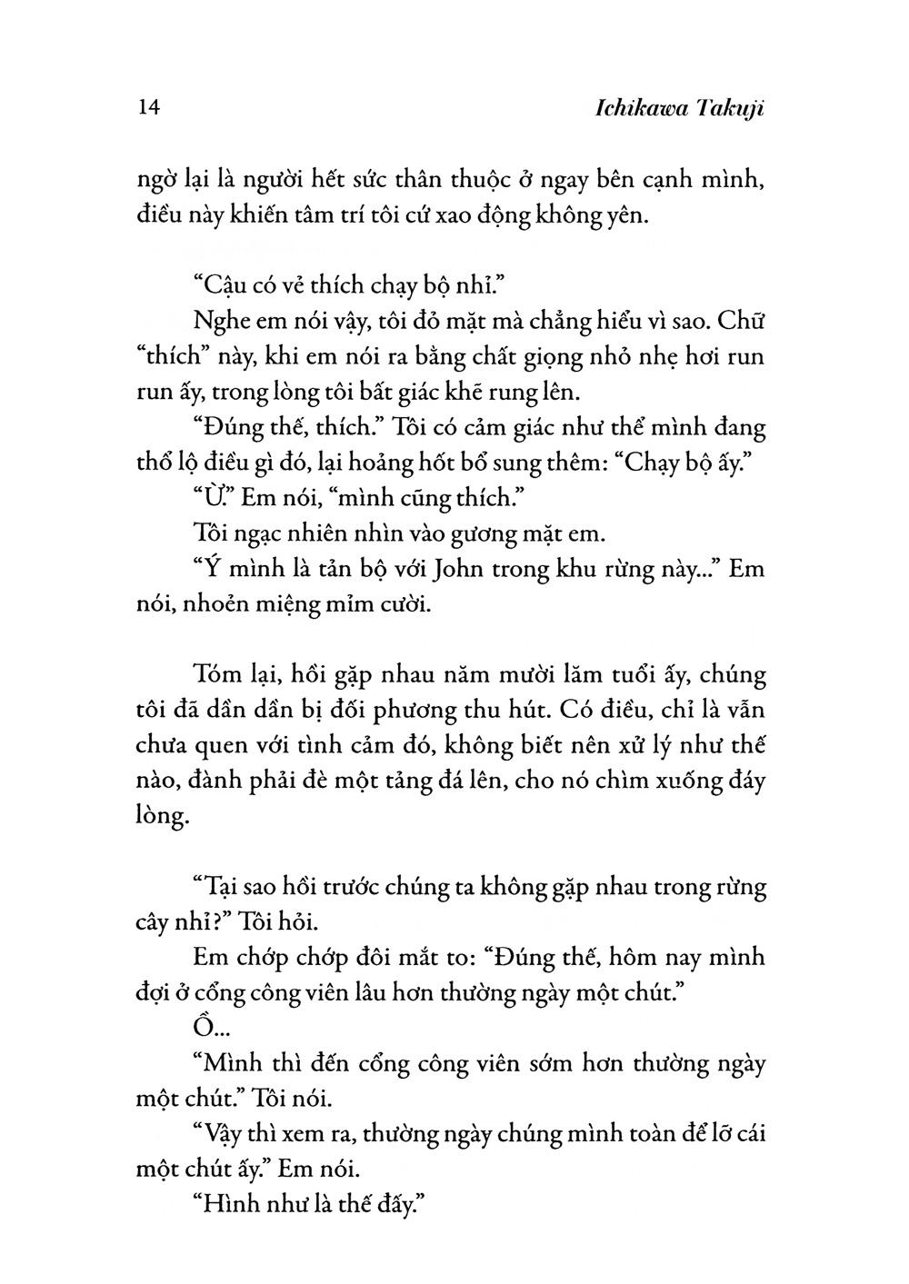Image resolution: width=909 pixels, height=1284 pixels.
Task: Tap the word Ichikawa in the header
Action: coord(622,109)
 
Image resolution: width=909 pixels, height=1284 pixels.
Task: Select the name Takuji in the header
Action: coord(727,109)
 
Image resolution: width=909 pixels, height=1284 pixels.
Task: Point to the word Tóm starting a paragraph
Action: coord(218,675)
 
